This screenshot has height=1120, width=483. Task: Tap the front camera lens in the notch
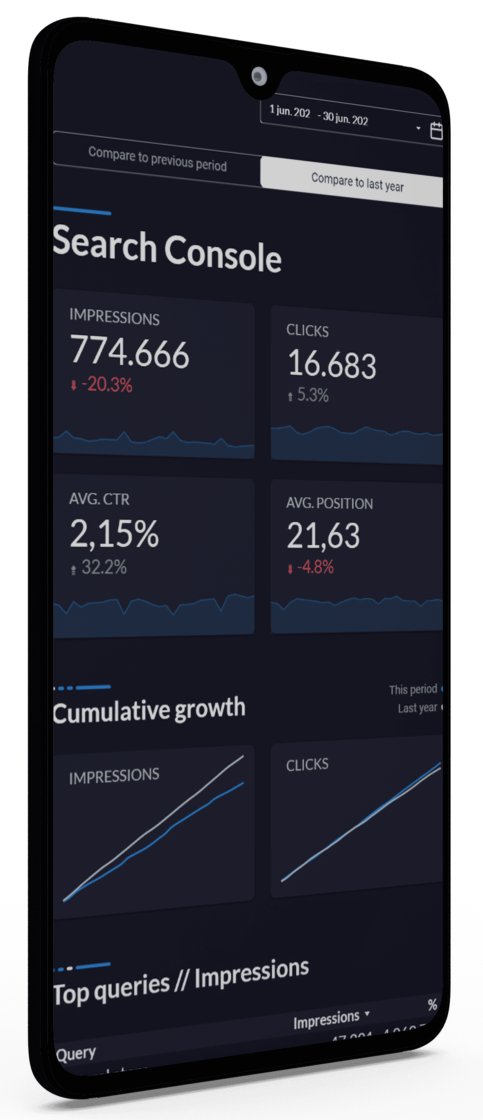pyautogui.click(x=259, y=77)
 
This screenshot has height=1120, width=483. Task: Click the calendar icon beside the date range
pyautogui.click(x=436, y=131)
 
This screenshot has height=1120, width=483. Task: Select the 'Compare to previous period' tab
pyautogui.click(x=157, y=159)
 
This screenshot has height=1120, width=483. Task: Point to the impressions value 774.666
pyautogui.click(x=130, y=351)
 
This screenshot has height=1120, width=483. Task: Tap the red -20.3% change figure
pyautogui.click(x=106, y=385)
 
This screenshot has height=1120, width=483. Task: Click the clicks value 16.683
pyautogui.click(x=332, y=364)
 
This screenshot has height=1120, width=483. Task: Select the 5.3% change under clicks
pyautogui.click(x=312, y=395)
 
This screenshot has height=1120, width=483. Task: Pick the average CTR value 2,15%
pyautogui.click(x=114, y=533)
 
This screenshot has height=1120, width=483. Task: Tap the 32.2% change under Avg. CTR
pyautogui.click(x=104, y=567)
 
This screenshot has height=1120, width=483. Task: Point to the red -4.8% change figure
pyautogui.click(x=315, y=567)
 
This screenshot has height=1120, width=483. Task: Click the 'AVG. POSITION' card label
pyautogui.click(x=329, y=504)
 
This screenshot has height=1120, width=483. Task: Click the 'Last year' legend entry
pyautogui.click(x=418, y=708)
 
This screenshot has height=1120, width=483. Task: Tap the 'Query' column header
pyautogui.click(x=77, y=1053)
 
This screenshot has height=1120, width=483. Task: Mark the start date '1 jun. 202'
pyautogui.click(x=289, y=111)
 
